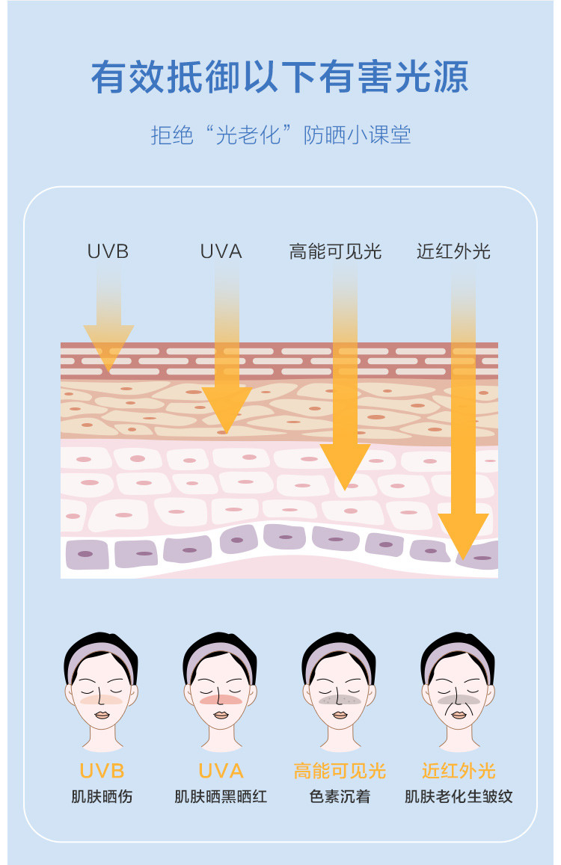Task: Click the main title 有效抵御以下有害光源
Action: (280, 78)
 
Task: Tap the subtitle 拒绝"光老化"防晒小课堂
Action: (280, 135)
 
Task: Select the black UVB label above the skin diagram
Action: (108, 251)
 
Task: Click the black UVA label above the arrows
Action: (221, 251)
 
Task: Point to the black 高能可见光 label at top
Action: (335, 251)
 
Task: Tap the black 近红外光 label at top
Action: (453, 251)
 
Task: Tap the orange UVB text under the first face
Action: (102, 771)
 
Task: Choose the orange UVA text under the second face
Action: (221, 771)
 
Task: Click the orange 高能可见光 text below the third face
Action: (340, 771)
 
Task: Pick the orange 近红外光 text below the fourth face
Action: (459, 771)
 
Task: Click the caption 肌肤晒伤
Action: (102, 796)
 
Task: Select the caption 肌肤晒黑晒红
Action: (221, 796)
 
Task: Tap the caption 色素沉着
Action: (340, 796)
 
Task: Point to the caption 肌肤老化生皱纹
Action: (459, 796)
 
